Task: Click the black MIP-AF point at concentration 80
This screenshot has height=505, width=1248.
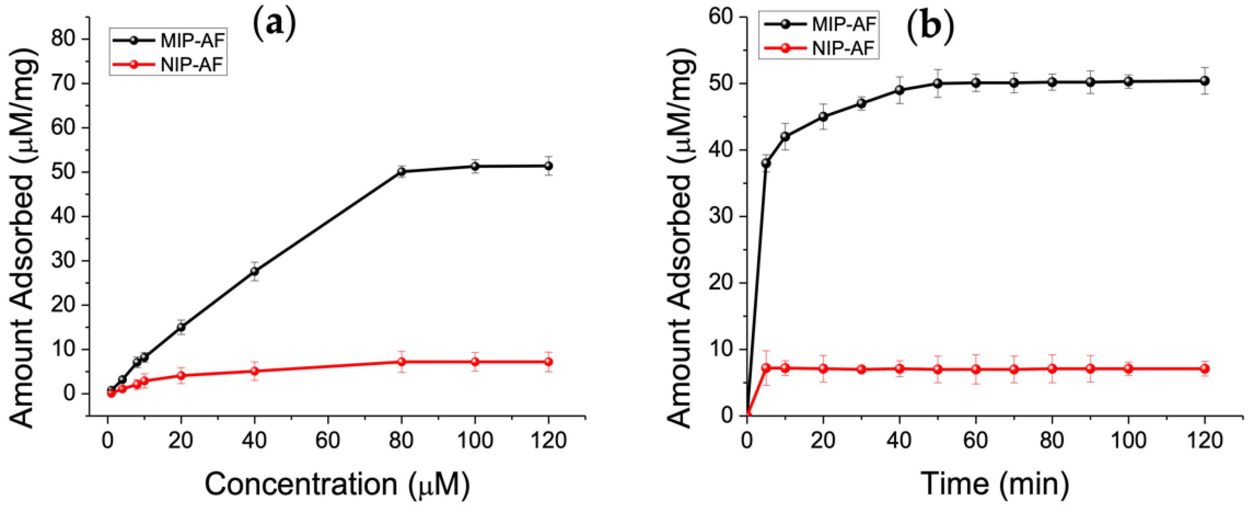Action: click(401, 171)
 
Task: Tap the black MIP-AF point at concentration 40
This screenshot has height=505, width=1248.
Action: click(255, 271)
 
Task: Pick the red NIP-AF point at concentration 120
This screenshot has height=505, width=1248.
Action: click(548, 362)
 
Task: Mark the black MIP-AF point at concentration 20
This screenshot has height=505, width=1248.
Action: click(181, 327)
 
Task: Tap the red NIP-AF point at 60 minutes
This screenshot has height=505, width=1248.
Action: click(976, 369)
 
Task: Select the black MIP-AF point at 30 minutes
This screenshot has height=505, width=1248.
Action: click(861, 103)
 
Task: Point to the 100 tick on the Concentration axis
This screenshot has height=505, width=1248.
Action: click(475, 441)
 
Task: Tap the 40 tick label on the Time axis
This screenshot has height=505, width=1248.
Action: click(899, 441)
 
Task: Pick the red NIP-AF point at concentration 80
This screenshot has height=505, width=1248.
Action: click(401, 362)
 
